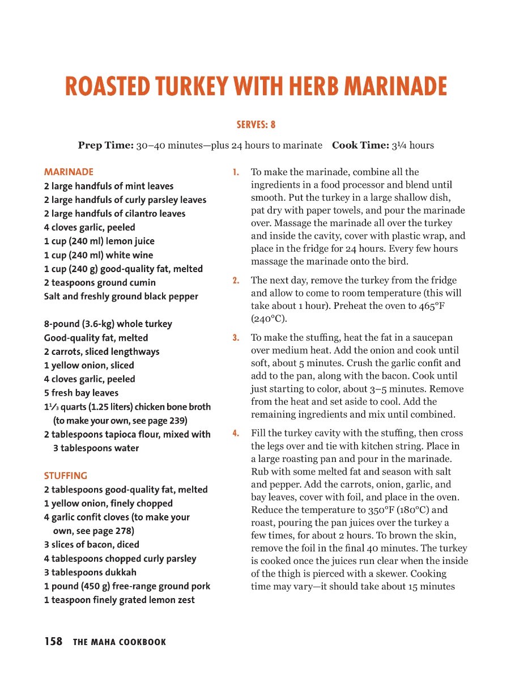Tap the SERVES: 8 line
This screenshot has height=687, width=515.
coord(256,125)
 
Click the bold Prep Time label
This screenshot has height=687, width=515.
coord(105,145)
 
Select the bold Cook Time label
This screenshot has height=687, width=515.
coord(360,145)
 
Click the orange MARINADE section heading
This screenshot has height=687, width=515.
coord(69,172)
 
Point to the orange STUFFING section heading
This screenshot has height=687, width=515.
coord(66,476)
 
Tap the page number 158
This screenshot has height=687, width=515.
coord(53,641)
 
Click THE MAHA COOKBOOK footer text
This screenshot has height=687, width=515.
coord(120,642)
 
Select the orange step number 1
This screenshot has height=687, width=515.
coord(236,172)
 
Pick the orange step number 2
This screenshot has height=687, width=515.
coord(236,280)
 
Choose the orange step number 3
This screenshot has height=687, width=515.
coord(236,338)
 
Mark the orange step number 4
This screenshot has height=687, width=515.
coord(236,433)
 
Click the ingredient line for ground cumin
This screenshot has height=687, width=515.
coord(100,282)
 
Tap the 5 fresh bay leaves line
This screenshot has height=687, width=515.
coord(82,393)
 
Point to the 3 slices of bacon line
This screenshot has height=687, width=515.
coord(92,544)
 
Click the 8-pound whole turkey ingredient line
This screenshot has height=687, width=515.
coord(108,324)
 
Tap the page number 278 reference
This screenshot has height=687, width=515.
coord(122,531)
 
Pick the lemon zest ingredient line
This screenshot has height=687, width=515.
coord(120,600)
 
